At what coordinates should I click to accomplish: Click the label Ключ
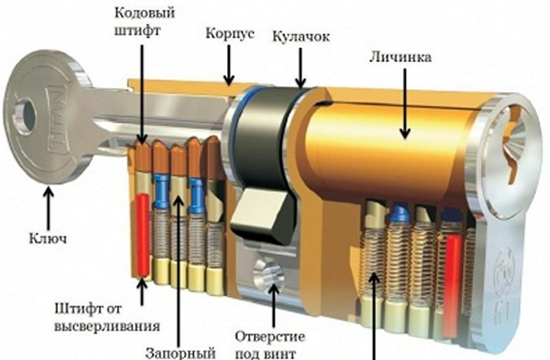pyautogui.click(x=47, y=238)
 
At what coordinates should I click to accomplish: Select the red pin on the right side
pyautogui.click(x=453, y=272)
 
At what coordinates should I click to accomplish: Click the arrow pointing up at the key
pyautogui.click(x=47, y=205)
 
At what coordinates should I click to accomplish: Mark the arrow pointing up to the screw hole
pyautogui.click(x=272, y=306)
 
